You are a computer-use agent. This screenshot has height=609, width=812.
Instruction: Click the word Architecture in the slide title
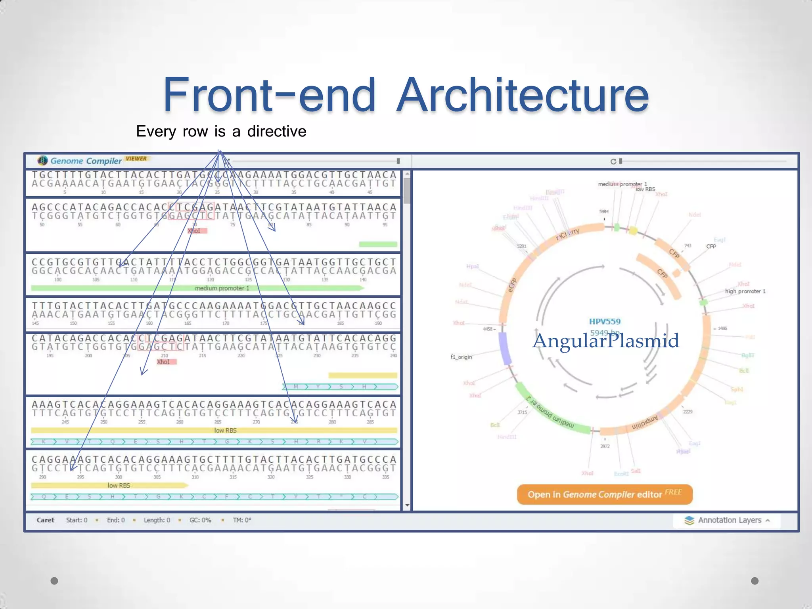[523, 95]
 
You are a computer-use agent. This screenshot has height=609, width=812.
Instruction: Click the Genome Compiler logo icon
[42, 161]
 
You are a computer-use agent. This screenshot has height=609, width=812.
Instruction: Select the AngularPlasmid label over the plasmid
[605, 341]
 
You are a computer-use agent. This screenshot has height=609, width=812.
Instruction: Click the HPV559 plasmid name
[605, 322]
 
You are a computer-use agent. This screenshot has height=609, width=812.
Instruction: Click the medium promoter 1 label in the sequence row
[222, 288]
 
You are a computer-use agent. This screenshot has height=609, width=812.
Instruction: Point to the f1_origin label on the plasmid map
[461, 357]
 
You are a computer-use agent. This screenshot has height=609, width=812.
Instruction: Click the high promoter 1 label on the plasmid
[745, 291]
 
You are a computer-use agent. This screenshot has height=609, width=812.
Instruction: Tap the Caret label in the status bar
[45, 520]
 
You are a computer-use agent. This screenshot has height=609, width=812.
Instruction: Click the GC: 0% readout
[200, 520]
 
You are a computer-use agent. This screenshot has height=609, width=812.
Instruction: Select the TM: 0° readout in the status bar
[242, 520]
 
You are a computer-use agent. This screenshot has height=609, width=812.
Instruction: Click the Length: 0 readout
[157, 520]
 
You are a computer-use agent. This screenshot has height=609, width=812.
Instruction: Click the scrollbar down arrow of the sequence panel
[407, 506]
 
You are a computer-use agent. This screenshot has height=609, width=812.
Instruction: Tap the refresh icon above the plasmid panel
[613, 161]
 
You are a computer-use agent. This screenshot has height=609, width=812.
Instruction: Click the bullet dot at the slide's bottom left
[54, 581]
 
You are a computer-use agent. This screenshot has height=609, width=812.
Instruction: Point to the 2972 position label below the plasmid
[605, 446]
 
